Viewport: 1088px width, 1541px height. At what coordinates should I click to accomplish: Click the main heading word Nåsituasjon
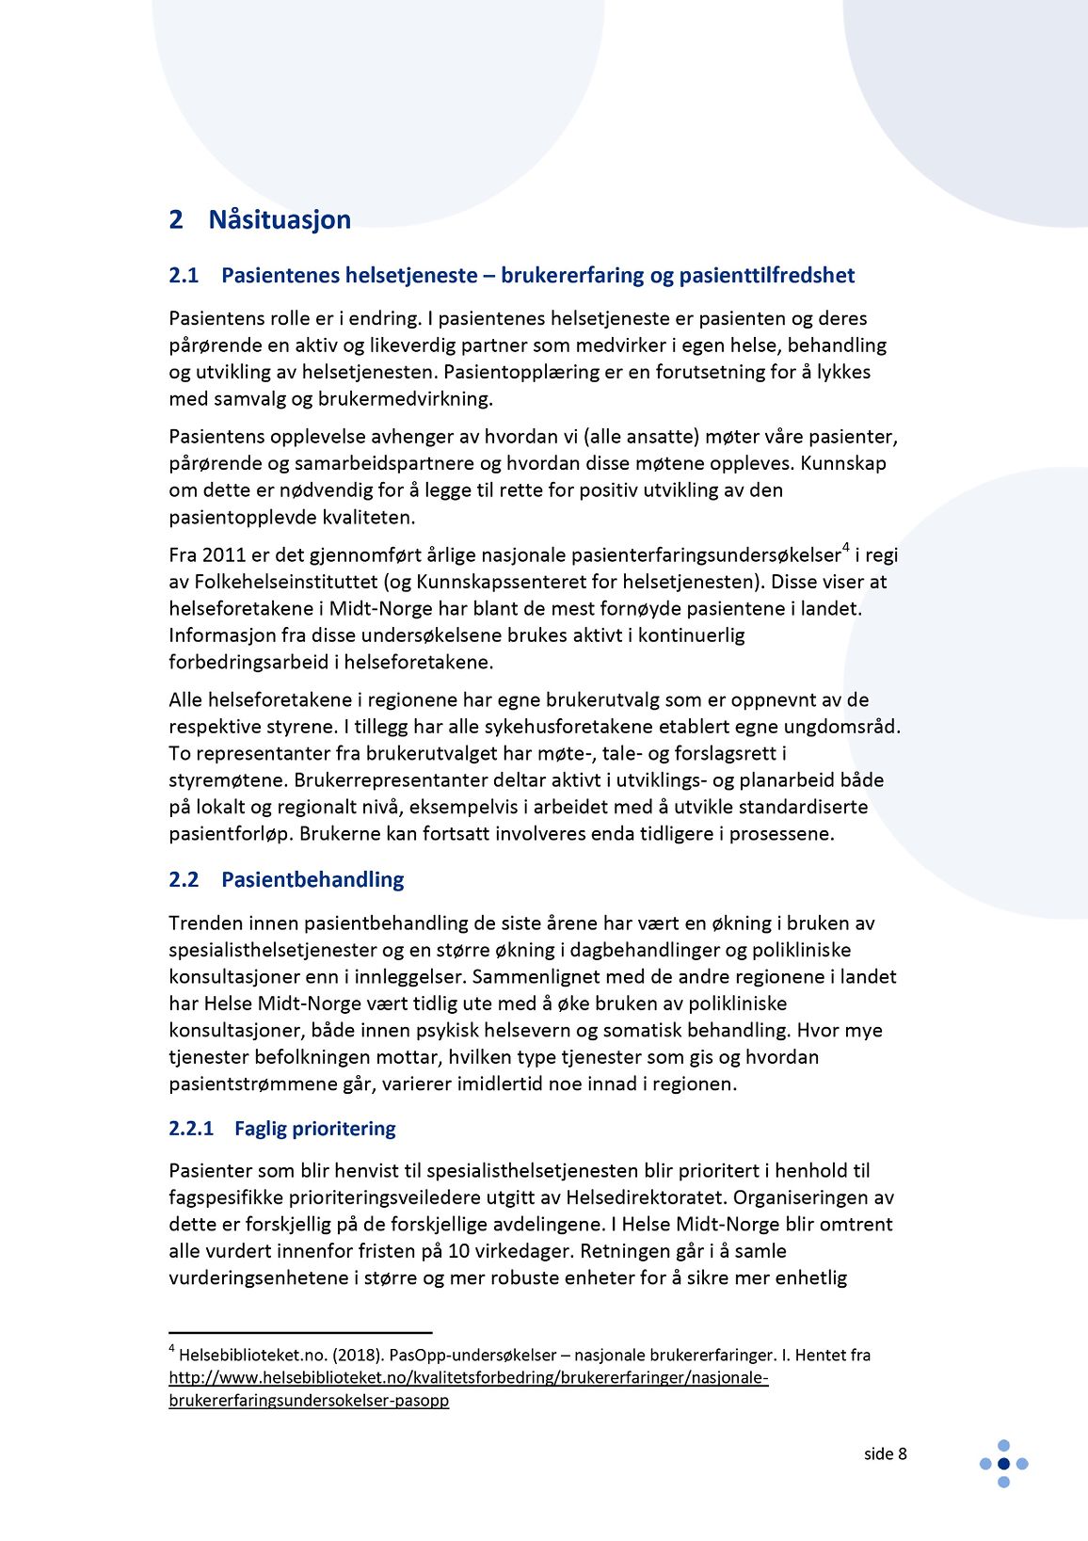pos(280,219)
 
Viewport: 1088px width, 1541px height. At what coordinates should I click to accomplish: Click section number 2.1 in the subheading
pos(184,275)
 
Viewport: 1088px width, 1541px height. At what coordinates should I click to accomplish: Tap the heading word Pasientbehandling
pos(312,879)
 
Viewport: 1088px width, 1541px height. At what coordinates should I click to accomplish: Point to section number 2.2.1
pos(191,1128)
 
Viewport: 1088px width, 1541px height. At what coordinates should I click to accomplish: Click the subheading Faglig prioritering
pos(315,1128)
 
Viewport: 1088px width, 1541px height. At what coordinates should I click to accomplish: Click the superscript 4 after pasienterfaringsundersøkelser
pos(845,548)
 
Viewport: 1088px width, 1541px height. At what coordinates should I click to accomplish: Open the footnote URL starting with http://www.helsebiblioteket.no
pos(469,1378)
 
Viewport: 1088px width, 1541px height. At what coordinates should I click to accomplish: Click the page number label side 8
pos(885,1453)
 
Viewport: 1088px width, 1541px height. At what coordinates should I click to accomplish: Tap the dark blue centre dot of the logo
pos(1003,1464)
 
